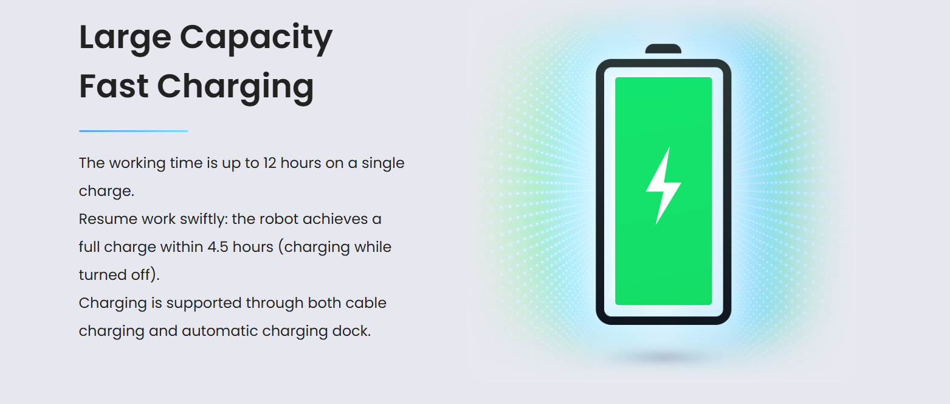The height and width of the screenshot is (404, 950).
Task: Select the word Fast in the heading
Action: (114, 86)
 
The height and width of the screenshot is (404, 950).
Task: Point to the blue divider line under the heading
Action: (134, 131)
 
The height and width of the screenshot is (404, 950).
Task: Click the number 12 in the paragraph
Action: (269, 163)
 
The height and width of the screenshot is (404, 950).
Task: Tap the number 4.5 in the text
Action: (218, 247)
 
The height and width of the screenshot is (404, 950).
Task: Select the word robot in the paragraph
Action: (278, 219)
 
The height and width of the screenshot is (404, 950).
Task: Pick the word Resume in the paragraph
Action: (108, 219)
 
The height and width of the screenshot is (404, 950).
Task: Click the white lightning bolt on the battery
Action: (664, 186)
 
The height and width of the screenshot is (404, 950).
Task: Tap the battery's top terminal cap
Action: (663, 49)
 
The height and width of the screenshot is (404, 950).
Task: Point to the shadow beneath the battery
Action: (664, 357)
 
